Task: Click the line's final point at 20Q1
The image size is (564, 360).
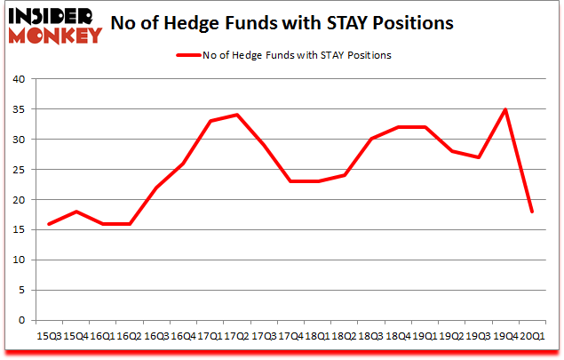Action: click(532, 212)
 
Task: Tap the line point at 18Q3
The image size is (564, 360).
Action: click(371, 140)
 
